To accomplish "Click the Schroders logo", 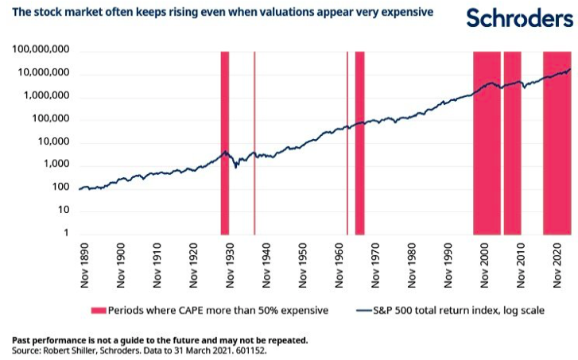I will point(519,19).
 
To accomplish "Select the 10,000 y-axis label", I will point(52,142).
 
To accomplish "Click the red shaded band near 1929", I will point(225,143).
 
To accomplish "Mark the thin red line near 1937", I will point(254,143).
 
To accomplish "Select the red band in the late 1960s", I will point(360,143).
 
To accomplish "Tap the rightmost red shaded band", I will point(557,143).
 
